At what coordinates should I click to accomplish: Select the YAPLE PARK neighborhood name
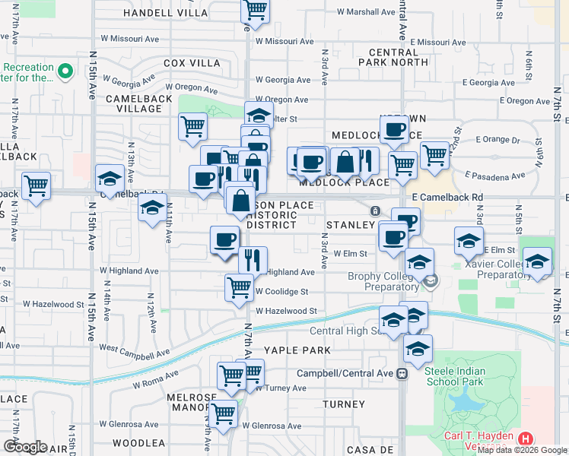click(x=297, y=350)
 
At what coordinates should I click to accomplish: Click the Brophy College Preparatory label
click(x=382, y=281)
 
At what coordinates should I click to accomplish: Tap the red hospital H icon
click(x=525, y=439)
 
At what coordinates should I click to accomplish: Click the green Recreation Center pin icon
click(x=65, y=73)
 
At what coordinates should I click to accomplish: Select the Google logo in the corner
click(x=24, y=447)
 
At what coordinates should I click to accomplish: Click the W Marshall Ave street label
click(x=367, y=12)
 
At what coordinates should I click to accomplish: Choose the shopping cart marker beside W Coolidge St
click(x=239, y=287)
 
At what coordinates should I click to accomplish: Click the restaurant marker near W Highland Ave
click(x=253, y=260)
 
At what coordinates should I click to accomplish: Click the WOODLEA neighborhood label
click(x=138, y=442)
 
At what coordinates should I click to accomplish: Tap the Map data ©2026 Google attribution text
click(x=523, y=450)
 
